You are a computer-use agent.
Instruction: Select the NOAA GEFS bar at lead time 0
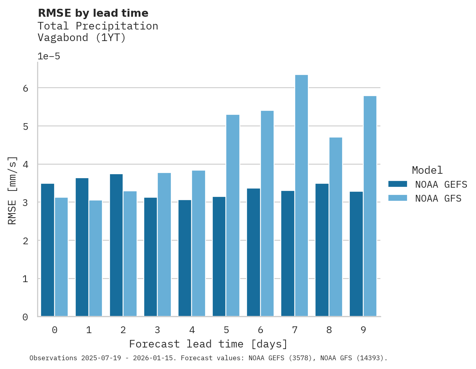(x=48, y=250)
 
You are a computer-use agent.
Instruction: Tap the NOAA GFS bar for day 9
(x=370, y=206)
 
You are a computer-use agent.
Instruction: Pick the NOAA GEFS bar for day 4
(x=185, y=258)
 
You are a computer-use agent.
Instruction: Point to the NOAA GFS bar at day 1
(x=96, y=258)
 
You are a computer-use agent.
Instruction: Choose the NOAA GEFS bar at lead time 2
(x=116, y=245)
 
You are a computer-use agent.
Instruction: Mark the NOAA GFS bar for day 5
(x=233, y=216)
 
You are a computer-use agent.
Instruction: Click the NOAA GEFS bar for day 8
(x=322, y=250)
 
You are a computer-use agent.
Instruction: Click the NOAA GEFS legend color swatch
(x=398, y=184)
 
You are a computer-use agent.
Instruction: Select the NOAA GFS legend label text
(x=438, y=198)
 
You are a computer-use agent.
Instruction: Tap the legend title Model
(x=427, y=170)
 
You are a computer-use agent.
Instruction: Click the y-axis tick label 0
(x=25, y=317)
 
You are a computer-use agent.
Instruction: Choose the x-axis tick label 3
(x=157, y=330)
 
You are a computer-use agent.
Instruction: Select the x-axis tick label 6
(x=260, y=330)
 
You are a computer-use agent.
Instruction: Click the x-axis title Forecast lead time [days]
(x=208, y=344)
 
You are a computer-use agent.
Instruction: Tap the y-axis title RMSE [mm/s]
(x=12, y=190)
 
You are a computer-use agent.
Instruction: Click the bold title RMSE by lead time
(x=93, y=13)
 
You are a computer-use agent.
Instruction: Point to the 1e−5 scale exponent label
(x=49, y=56)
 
